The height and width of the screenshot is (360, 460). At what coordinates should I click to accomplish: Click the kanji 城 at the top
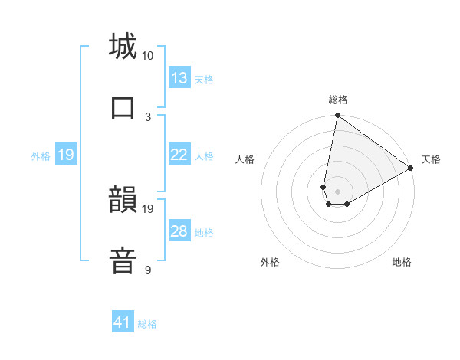tap(123, 47)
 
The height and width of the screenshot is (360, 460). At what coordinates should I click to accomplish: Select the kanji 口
tap(123, 107)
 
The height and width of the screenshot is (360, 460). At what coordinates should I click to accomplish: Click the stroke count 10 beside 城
tap(148, 56)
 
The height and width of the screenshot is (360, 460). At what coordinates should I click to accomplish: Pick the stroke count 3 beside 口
tap(148, 116)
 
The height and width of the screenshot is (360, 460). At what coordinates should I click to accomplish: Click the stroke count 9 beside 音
tap(148, 270)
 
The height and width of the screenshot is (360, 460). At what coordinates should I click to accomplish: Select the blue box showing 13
tap(179, 78)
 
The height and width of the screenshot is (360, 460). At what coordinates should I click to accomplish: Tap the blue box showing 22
tap(179, 155)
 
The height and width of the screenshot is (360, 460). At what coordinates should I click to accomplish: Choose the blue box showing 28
tap(179, 231)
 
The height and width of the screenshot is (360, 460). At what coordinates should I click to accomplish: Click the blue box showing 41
tap(123, 322)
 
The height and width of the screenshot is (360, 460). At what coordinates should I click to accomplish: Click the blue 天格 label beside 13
tap(204, 79)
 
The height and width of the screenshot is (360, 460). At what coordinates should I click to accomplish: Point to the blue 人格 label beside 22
tap(204, 155)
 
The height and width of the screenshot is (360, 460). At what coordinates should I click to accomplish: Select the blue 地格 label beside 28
tap(204, 232)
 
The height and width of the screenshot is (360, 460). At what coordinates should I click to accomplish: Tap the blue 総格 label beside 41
tap(147, 323)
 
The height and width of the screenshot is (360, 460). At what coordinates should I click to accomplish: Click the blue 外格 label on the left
tap(41, 155)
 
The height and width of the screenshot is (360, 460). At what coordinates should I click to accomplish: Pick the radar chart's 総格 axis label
tap(338, 100)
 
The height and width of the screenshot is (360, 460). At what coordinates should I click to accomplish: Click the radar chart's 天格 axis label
tap(431, 159)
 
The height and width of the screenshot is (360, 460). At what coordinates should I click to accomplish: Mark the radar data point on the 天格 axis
tap(411, 169)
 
